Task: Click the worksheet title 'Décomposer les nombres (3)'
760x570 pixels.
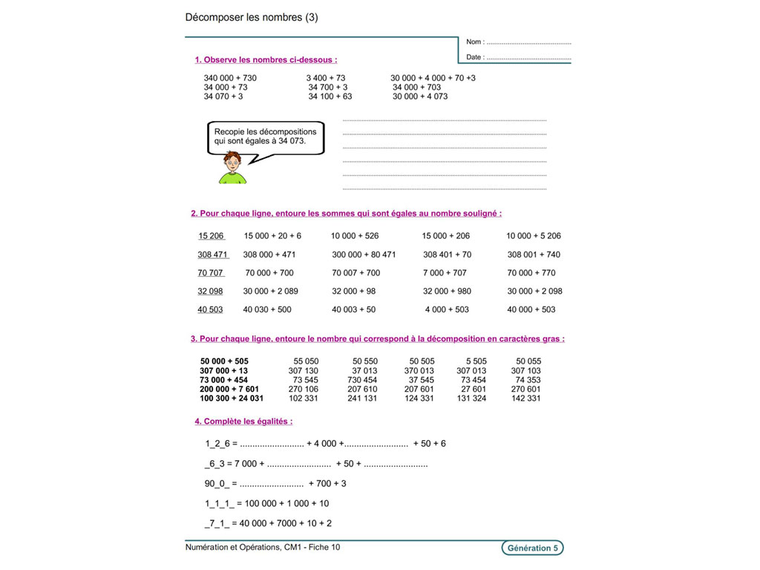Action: (x=251, y=18)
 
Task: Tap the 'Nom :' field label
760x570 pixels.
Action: (x=475, y=42)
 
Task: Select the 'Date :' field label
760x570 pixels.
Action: (x=475, y=57)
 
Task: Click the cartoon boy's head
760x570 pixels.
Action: (x=233, y=162)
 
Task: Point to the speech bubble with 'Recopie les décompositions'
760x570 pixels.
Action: (x=265, y=137)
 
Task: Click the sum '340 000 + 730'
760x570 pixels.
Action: (x=230, y=78)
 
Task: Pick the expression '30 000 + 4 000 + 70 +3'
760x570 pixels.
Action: (x=433, y=78)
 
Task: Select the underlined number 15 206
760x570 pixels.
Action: (x=211, y=236)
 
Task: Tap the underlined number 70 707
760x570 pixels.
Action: (x=211, y=273)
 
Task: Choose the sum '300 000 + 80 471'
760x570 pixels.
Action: (x=364, y=255)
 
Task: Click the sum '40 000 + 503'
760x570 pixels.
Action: (x=531, y=309)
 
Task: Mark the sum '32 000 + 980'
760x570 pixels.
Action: (x=447, y=291)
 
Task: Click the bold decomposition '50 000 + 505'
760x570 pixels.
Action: (x=224, y=361)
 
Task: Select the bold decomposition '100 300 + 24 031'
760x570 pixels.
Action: (x=232, y=399)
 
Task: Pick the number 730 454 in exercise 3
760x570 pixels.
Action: (x=362, y=380)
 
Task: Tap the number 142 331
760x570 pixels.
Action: (x=526, y=399)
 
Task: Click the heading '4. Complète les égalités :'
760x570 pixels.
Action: (x=243, y=422)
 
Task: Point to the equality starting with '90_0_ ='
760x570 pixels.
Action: (x=275, y=484)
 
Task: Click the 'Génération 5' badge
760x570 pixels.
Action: (x=532, y=548)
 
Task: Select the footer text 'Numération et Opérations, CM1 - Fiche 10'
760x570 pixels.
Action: (x=263, y=548)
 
